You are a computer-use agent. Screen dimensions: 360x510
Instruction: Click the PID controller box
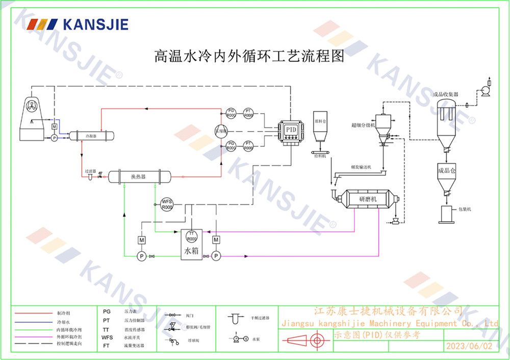pos(291,130)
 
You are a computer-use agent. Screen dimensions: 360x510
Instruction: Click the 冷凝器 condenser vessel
pos(92,136)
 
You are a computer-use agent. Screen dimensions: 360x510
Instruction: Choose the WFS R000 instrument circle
pos(167,204)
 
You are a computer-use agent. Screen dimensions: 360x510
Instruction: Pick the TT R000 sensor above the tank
pos(192,236)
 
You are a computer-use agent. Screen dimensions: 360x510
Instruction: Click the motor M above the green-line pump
pos(142,240)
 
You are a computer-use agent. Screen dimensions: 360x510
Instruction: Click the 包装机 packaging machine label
pos(465,209)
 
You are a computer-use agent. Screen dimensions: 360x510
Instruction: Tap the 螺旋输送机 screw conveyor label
pos(361,167)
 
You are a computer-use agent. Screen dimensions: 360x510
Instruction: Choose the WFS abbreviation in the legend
pos(107,338)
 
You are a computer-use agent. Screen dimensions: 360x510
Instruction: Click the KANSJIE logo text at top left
pos(94,24)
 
